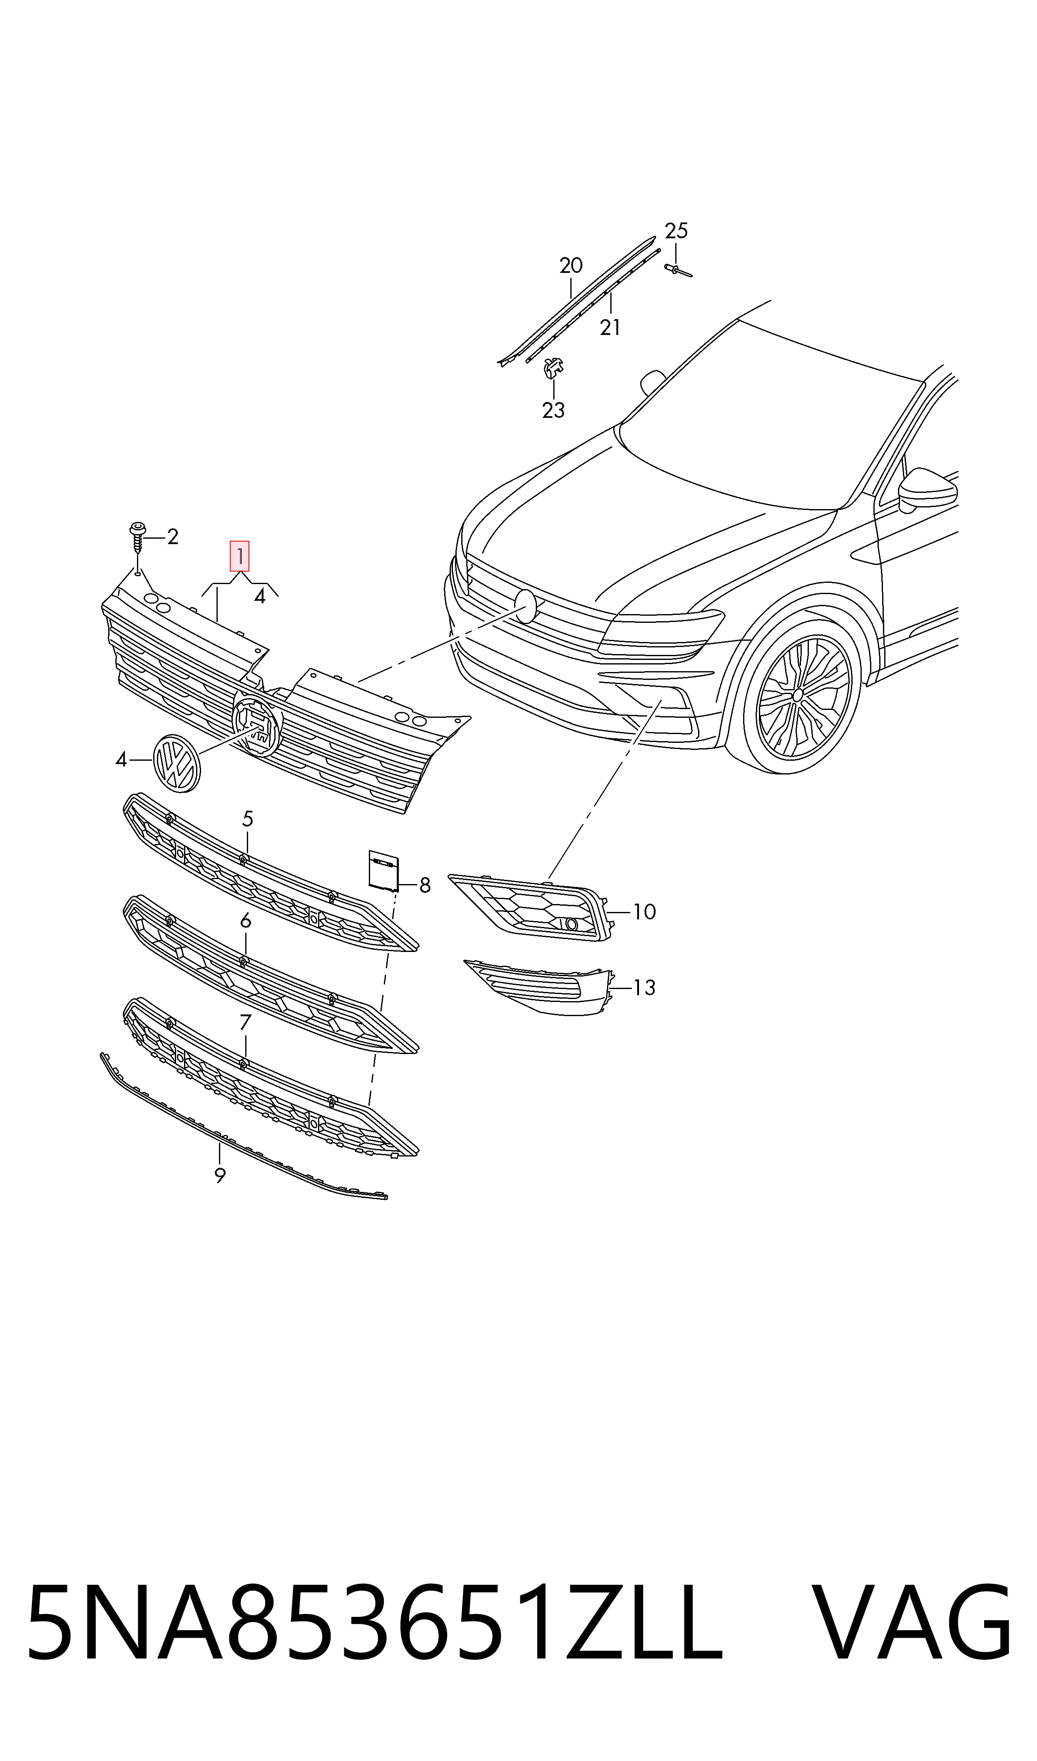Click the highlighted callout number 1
click(240, 557)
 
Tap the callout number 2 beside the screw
click(173, 537)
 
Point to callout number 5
click(247, 819)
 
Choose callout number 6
click(245, 922)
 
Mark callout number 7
click(245, 1023)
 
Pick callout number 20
click(571, 266)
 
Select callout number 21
click(610, 327)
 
